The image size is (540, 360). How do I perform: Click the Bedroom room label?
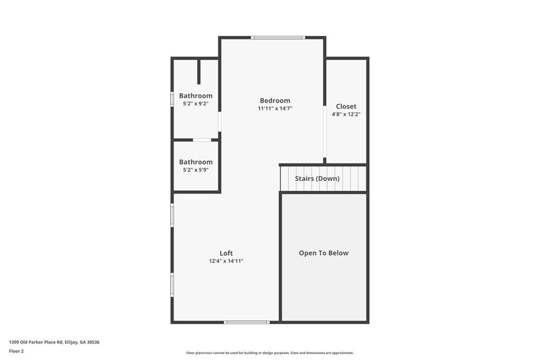[275, 101]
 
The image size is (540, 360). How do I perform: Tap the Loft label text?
[226, 253]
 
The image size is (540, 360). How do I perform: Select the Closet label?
[346, 106]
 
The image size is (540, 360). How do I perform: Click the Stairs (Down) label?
[317, 179]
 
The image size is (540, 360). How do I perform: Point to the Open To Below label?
[324, 253]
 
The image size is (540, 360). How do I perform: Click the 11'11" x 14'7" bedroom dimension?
[275, 109]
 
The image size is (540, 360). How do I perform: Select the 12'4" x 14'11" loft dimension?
[226, 261]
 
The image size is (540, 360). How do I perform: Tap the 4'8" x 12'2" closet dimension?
[346, 114]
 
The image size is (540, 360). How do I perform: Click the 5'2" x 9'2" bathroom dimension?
[196, 103]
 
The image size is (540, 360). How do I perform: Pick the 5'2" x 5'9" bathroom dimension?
[196, 170]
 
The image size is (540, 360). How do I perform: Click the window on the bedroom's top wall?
[278, 37]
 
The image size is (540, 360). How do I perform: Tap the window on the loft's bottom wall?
[247, 322]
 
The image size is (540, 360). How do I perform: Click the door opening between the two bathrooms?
[202, 140]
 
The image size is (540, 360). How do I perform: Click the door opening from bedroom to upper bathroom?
[220, 121]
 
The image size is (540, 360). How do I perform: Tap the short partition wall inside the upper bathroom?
[199, 72]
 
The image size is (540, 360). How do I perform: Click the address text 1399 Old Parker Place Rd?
[36, 342]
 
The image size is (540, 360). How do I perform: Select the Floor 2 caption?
[16, 351]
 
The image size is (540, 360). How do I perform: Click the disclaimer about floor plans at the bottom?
[270, 353]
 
